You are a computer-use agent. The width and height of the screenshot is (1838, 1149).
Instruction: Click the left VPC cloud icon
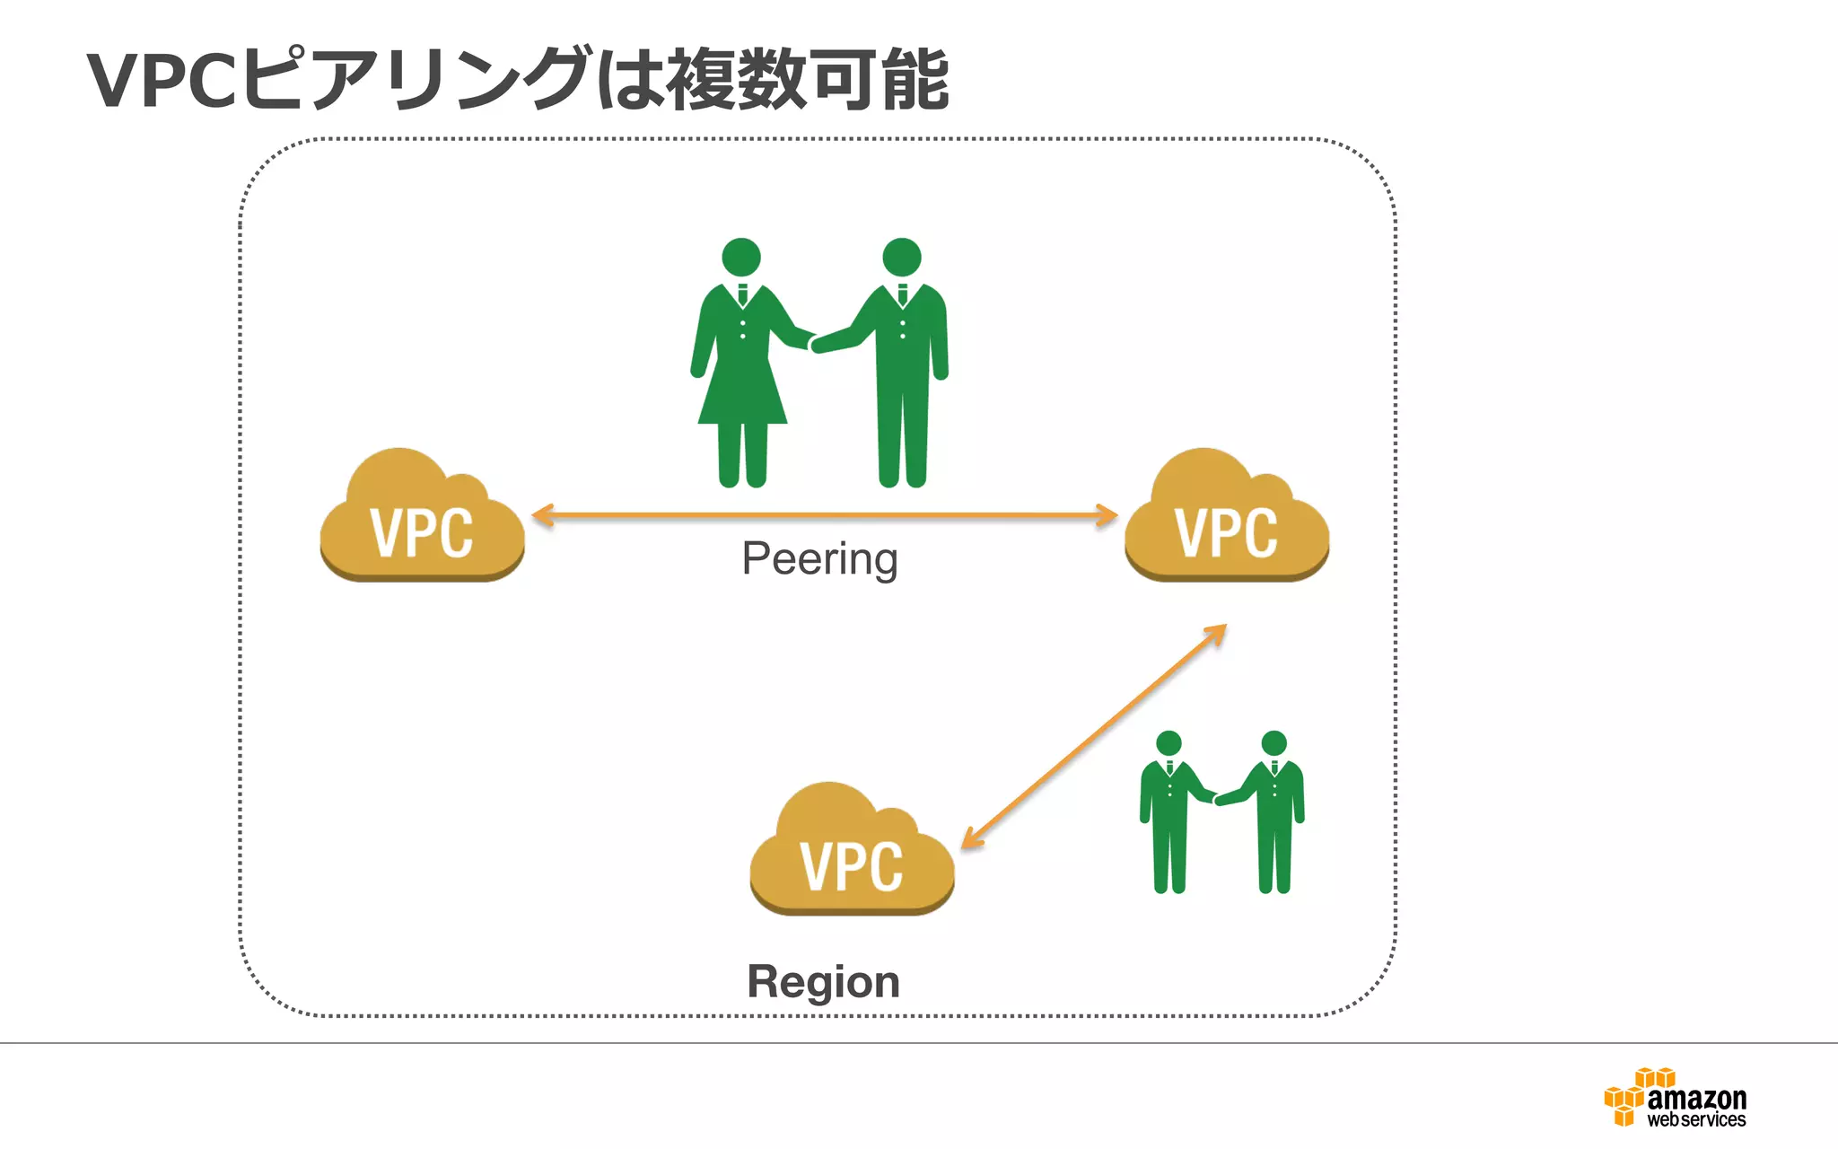(x=422, y=521)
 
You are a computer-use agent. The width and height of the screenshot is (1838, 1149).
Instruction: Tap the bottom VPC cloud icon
(x=852, y=855)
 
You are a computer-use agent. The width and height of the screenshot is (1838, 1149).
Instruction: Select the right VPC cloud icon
(x=1226, y=521)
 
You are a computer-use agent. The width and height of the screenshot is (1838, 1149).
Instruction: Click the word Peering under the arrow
(x=819, y=558)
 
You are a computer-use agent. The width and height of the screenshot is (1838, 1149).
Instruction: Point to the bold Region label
(x=823, y=981)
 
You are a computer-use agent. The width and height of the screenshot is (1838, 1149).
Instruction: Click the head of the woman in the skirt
(x=741, y=257)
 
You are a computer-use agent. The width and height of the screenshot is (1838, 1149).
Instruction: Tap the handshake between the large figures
(x=813, y=342)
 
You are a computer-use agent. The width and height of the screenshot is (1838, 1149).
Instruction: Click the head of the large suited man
(x=901, y=257)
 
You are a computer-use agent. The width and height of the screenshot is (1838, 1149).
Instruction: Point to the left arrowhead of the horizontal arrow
(x=542, y=515)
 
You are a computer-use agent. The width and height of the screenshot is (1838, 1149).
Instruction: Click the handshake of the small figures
(x=1216, y=798)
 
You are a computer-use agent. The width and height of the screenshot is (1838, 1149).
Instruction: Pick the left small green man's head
(x=1168, y=743)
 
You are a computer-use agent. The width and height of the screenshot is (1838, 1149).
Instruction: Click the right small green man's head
(x=1273, y=743)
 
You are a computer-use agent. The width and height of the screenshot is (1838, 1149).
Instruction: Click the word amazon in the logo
(x=1696, y=1098)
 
